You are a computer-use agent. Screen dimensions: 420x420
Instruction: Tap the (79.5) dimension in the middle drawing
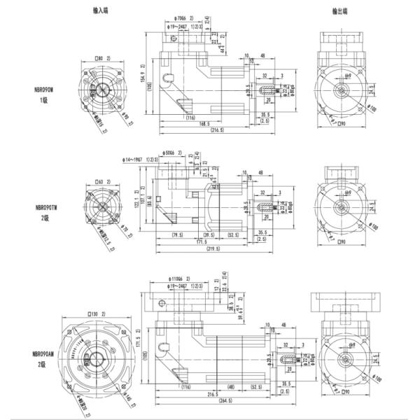[x=178, y=235]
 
